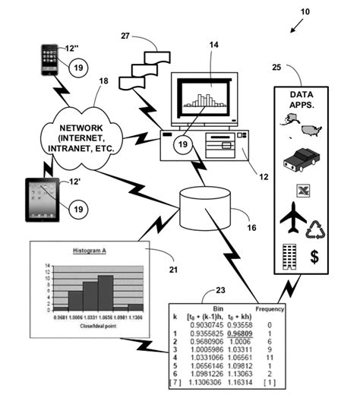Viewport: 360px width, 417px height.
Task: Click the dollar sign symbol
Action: [x=314, y=257]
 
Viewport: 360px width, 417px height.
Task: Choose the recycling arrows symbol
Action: [x=314, y=229]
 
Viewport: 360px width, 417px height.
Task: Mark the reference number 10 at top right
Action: [x=305, y=13]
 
